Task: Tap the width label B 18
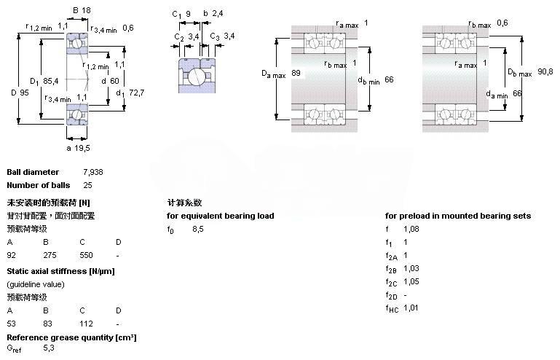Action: pyautogui.click(x=82, y=11)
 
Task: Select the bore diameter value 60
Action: pyautogui.click(x=115, y=81)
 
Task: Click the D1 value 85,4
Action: pyautogui.click(x=51, y=80)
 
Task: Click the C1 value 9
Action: pyautogui.click(x=189, y=13)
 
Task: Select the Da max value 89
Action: pyautogui.click(x=296, y=74)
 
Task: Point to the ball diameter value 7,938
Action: pyautogui.click(x=92, y=173)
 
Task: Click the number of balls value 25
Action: pyautogui.click(x=87, y=185)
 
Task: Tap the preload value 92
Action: pyautogui.click(x=12, y=255)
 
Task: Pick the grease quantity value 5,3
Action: pyautogui.click(x=49, y=348)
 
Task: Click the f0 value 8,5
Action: pyautogui.click(x=197, y=229)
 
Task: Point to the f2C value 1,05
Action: pyautogui.click(x=411, y=281)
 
